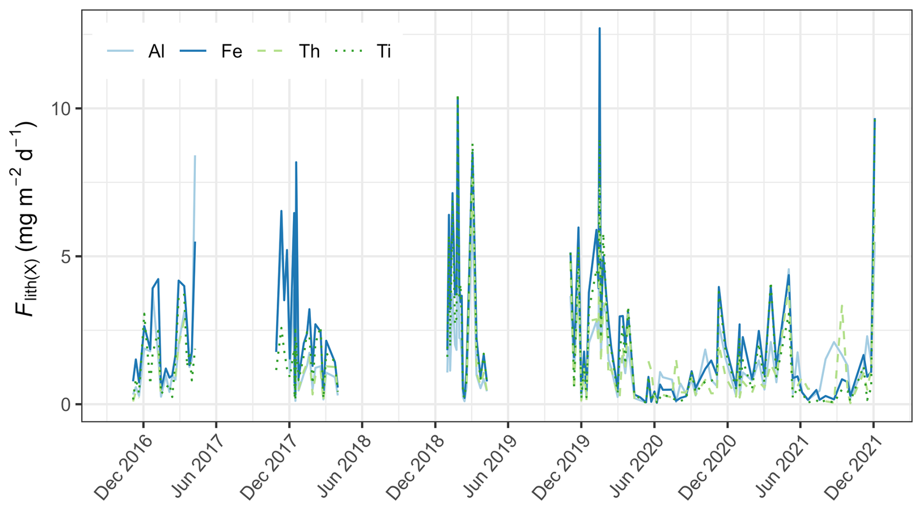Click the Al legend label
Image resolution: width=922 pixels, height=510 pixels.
click(156, 51)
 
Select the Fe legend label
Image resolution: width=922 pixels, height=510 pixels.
click(231, 51)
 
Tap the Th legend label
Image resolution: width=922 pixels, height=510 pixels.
click(309, 51)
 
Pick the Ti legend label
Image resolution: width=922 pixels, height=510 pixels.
click(384, 51)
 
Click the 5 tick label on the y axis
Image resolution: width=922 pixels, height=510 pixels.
click(66, 256)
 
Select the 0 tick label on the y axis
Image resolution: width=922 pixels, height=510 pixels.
click(66, 405)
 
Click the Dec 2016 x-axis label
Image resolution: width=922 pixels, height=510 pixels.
click(123, 467)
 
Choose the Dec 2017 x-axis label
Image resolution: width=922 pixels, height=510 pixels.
click(269, 467)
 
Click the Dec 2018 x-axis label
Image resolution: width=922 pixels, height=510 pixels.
click(415, 467)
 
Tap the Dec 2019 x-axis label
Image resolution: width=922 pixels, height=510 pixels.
click(561, 467)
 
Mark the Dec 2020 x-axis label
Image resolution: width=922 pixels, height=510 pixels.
click(708, 467)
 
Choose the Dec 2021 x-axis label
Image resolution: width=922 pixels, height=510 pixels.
click(854, 467)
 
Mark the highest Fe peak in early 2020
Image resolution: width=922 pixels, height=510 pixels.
click(599, 29)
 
